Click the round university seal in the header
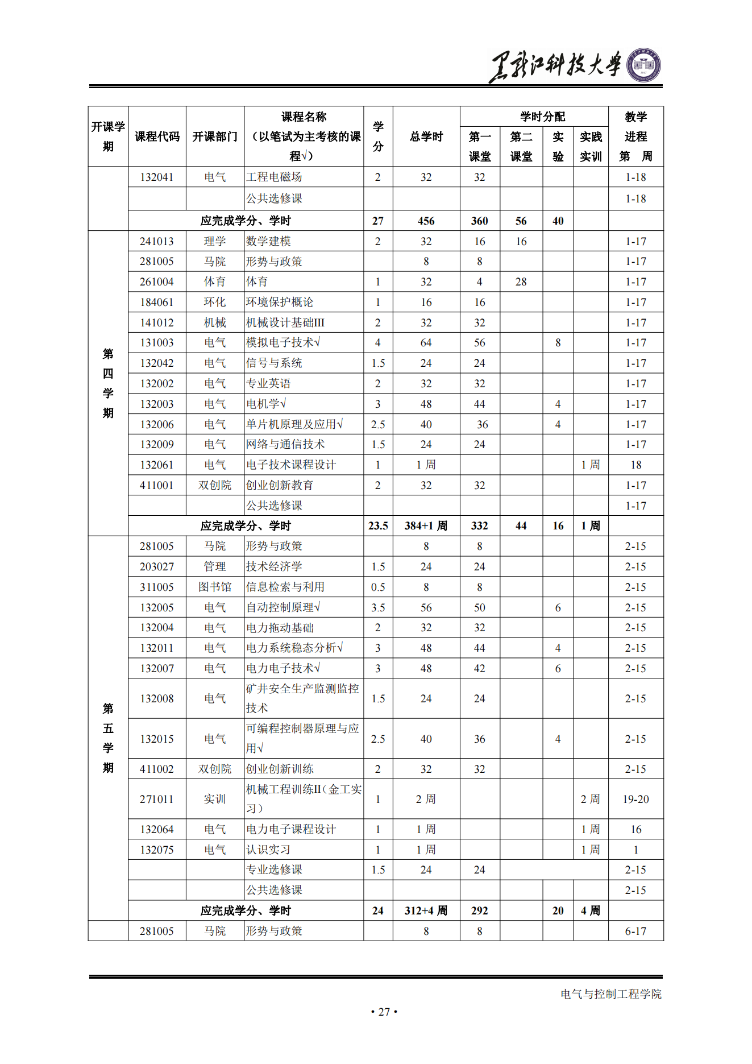(643, 65)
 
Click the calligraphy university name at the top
(555, 65)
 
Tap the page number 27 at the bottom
(384, 1012)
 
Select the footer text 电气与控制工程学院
(611, 994)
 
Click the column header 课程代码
(157, 136)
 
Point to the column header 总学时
(426, 136)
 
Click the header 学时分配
(542, 117)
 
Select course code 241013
(157, 241)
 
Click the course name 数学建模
(268, 241)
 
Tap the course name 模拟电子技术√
(283, 342)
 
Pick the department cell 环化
(215, 302)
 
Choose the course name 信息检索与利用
(285, 587)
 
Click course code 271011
(157, 799)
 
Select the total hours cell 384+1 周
(426, 526)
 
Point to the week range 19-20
(635, 799)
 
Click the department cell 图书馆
(215, 587)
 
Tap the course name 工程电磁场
(274, 177)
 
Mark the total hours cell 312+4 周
(426, 910)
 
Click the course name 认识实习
(268, 850)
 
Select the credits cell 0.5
(378, 587)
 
